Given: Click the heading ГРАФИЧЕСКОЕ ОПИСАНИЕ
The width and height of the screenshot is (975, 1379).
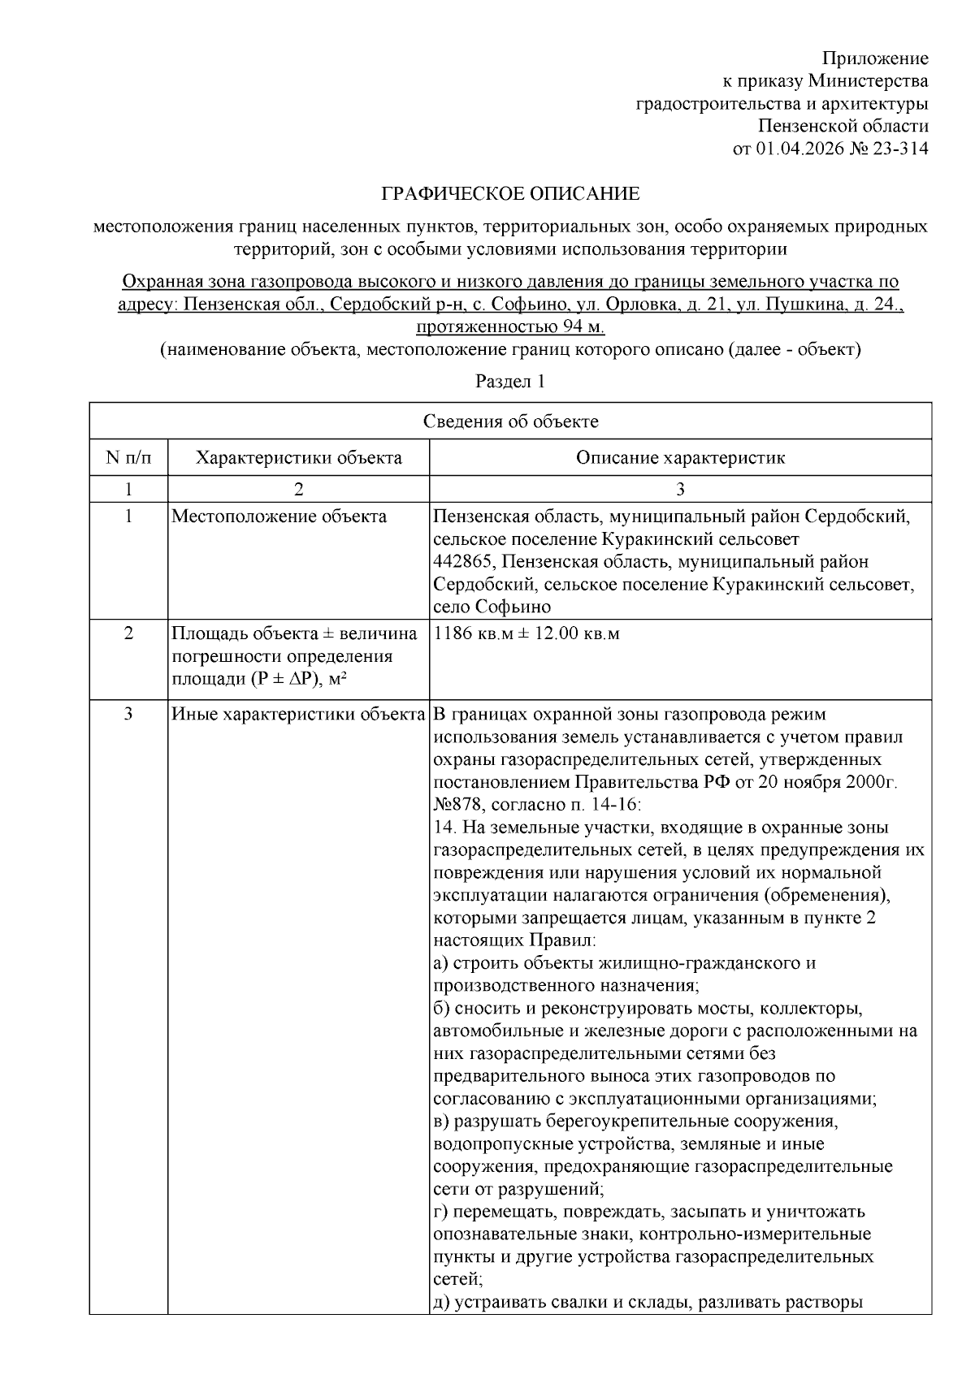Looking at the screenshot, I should pyautogui.click(x=511, y=194).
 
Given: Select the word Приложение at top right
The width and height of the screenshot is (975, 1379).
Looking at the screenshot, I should pyautogui.click(x=875, y=58).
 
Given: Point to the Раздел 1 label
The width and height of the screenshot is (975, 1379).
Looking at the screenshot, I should pyautogui.click(x=510, y=382).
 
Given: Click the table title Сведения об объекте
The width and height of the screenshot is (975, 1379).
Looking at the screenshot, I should pyautogui.click(x=510, y=421).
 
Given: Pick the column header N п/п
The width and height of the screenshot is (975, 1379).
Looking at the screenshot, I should pyautogui.click(x=128, y=457).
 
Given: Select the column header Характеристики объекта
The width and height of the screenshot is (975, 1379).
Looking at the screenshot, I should pyautogui.click(x=298, y=457).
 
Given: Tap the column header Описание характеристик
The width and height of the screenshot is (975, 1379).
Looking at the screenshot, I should pyautogui.click(x=680, y=457).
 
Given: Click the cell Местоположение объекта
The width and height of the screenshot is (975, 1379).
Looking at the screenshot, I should pyautogui.click(x=279, y=517).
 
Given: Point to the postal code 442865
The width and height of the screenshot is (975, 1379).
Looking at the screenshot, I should pyautogui.click(x=461, y=562).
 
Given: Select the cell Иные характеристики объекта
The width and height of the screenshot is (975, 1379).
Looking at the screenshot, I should pyautogui.click(x=298, y=715).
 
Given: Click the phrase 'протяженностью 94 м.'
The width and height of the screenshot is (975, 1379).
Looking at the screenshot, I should pyautogui.click(x=510, y=327).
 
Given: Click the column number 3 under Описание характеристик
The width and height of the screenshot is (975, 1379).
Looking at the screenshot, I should pyautogui.click(x=680, y=489).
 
